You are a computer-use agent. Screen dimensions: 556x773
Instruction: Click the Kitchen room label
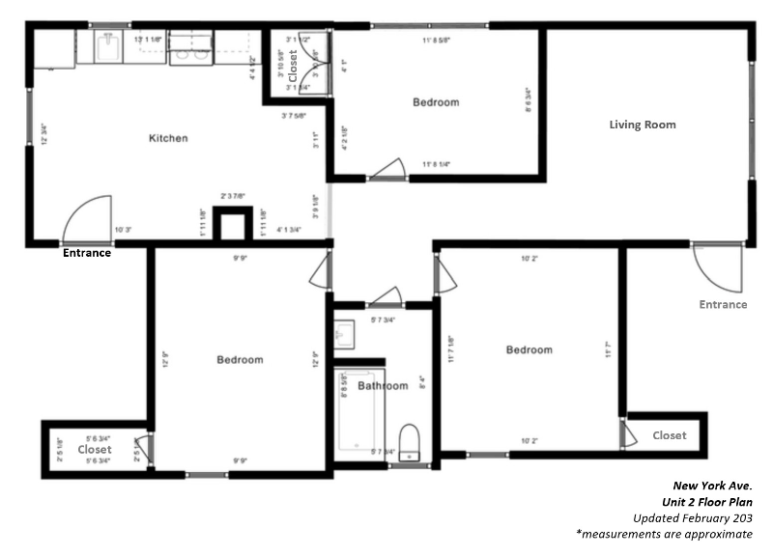167,138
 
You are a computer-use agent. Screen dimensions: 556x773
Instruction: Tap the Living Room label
642,125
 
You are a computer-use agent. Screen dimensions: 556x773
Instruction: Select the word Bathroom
383,386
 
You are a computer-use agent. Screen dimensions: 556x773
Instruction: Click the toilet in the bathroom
410,442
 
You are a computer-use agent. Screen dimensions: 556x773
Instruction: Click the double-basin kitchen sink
190,48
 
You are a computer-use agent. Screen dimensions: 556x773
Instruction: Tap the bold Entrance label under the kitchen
87,254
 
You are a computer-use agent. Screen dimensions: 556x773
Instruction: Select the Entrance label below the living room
723,304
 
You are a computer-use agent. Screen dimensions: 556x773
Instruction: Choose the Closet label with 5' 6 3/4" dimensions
95,450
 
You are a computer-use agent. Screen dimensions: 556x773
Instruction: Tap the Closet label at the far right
669,435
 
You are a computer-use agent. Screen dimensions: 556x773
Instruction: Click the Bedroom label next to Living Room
436,102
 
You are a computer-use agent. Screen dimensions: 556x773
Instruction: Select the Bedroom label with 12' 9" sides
240,360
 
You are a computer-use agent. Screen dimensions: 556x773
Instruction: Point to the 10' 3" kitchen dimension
124,231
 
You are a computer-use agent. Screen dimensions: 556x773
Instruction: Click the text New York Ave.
713,485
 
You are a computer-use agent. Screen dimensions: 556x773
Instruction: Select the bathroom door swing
388,295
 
